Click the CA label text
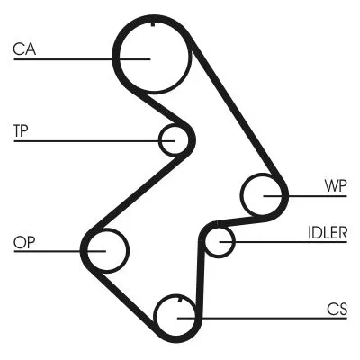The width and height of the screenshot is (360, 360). [23, 49]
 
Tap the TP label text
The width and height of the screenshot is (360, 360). [22, 130]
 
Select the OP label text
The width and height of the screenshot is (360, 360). [23, 241]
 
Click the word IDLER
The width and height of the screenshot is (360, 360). [325, 231]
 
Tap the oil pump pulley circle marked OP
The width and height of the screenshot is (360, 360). [106, 247]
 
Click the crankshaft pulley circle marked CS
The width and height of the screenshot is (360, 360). [178, 316]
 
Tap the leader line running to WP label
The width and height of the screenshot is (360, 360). [315, 195]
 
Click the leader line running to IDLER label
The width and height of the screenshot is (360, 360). [288, 241]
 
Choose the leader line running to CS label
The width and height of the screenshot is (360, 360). [270, 317]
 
